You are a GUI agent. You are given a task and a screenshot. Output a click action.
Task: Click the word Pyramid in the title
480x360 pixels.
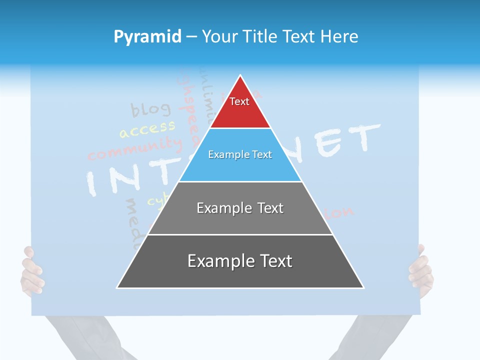[147, 36]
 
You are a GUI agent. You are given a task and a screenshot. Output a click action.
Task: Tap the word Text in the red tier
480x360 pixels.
[239, 101]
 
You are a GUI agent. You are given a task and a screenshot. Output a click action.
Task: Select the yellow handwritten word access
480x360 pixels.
[147, 129]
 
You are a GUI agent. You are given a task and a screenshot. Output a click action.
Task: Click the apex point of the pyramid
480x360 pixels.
[240, 76]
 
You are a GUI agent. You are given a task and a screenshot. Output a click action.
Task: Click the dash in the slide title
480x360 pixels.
[191, 36]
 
